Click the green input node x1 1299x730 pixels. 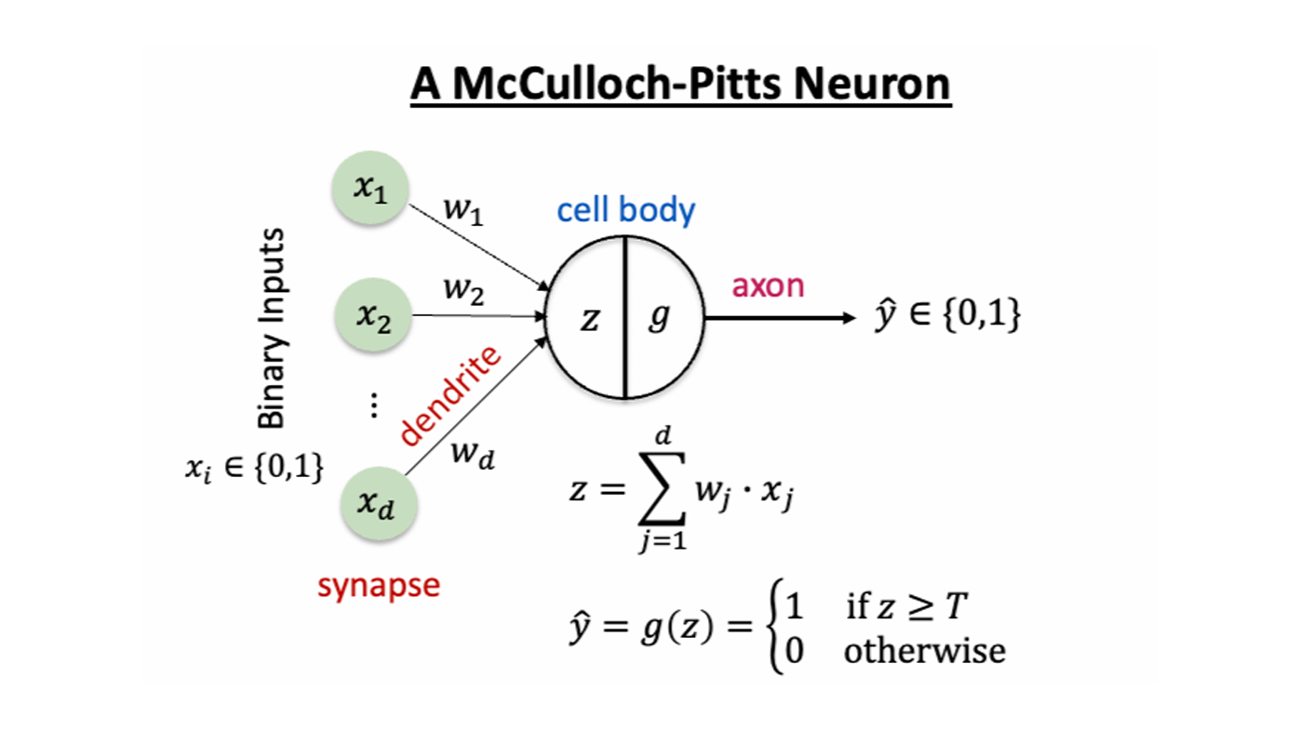[369, 192]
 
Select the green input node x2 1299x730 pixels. [369, 316]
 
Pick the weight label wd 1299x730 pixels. [472, 455]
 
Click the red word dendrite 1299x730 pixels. [450, 395]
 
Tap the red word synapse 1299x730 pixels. [378, 586]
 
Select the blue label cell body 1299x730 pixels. [625, 210]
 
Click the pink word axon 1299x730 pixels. [768, 285]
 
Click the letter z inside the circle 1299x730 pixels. [589, 319]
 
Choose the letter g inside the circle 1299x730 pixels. [659, 319]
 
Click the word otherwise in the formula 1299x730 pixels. [924, 650]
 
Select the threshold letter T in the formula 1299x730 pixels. [957, 608]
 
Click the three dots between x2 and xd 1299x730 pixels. [373, 405]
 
